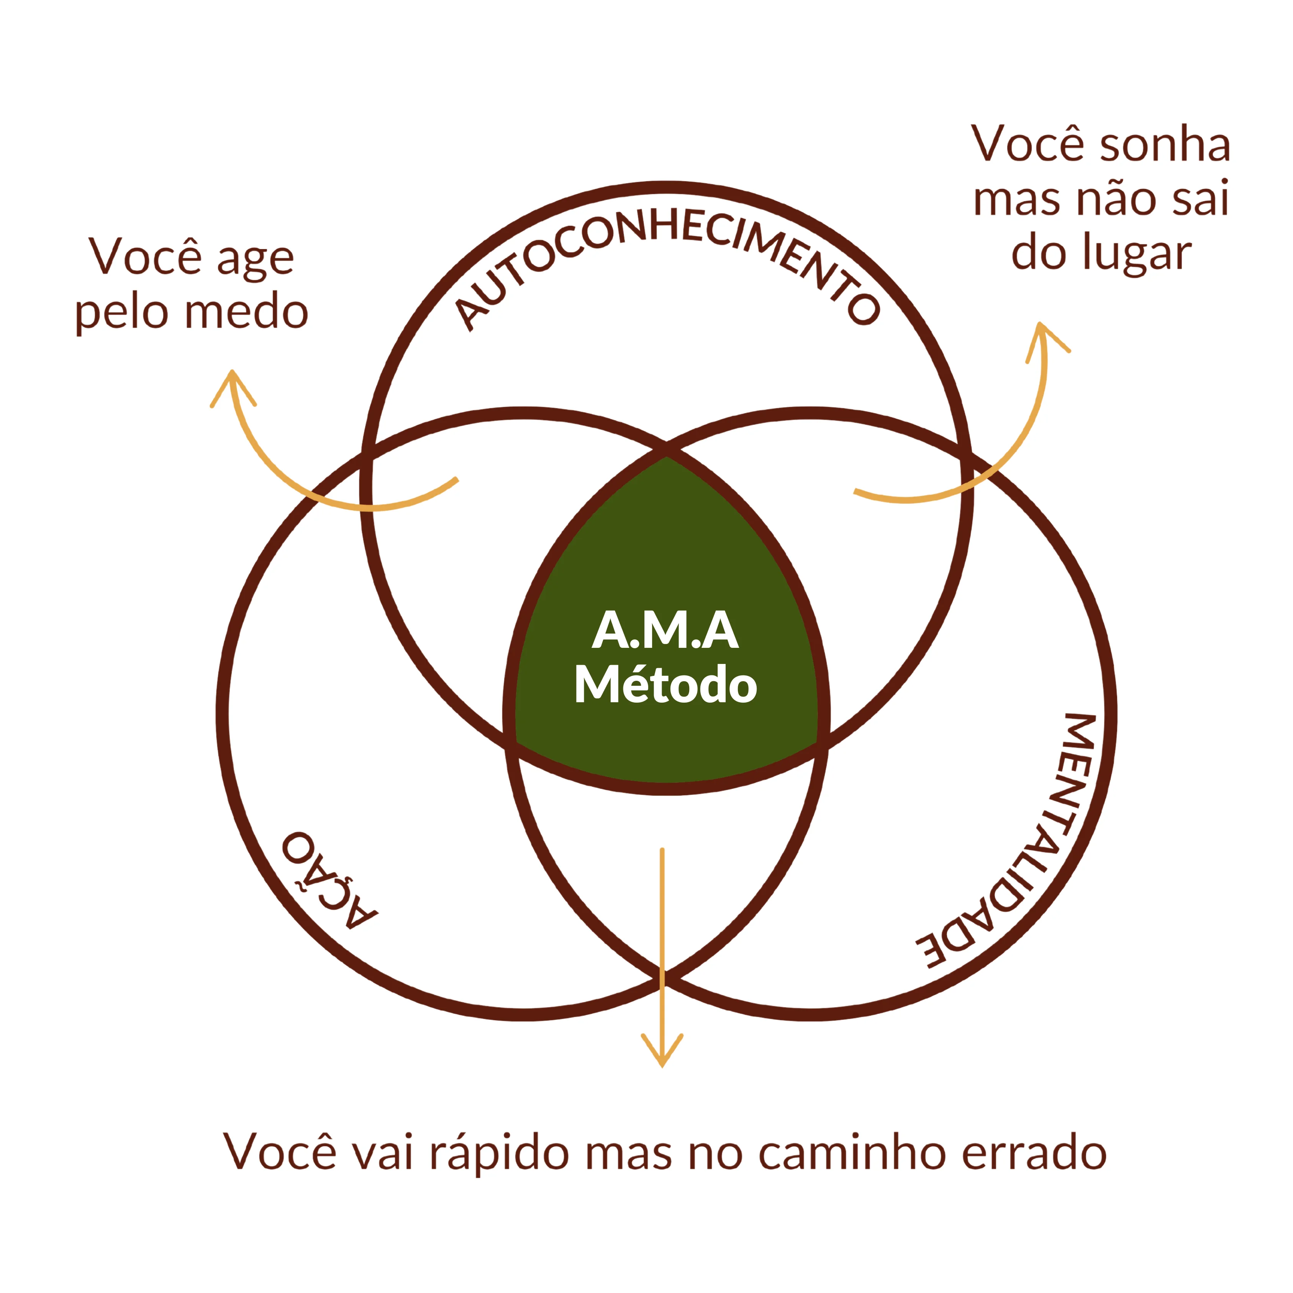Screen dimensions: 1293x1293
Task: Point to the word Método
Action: (665, 685)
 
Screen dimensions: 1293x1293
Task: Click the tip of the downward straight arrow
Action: (662, 1065)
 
